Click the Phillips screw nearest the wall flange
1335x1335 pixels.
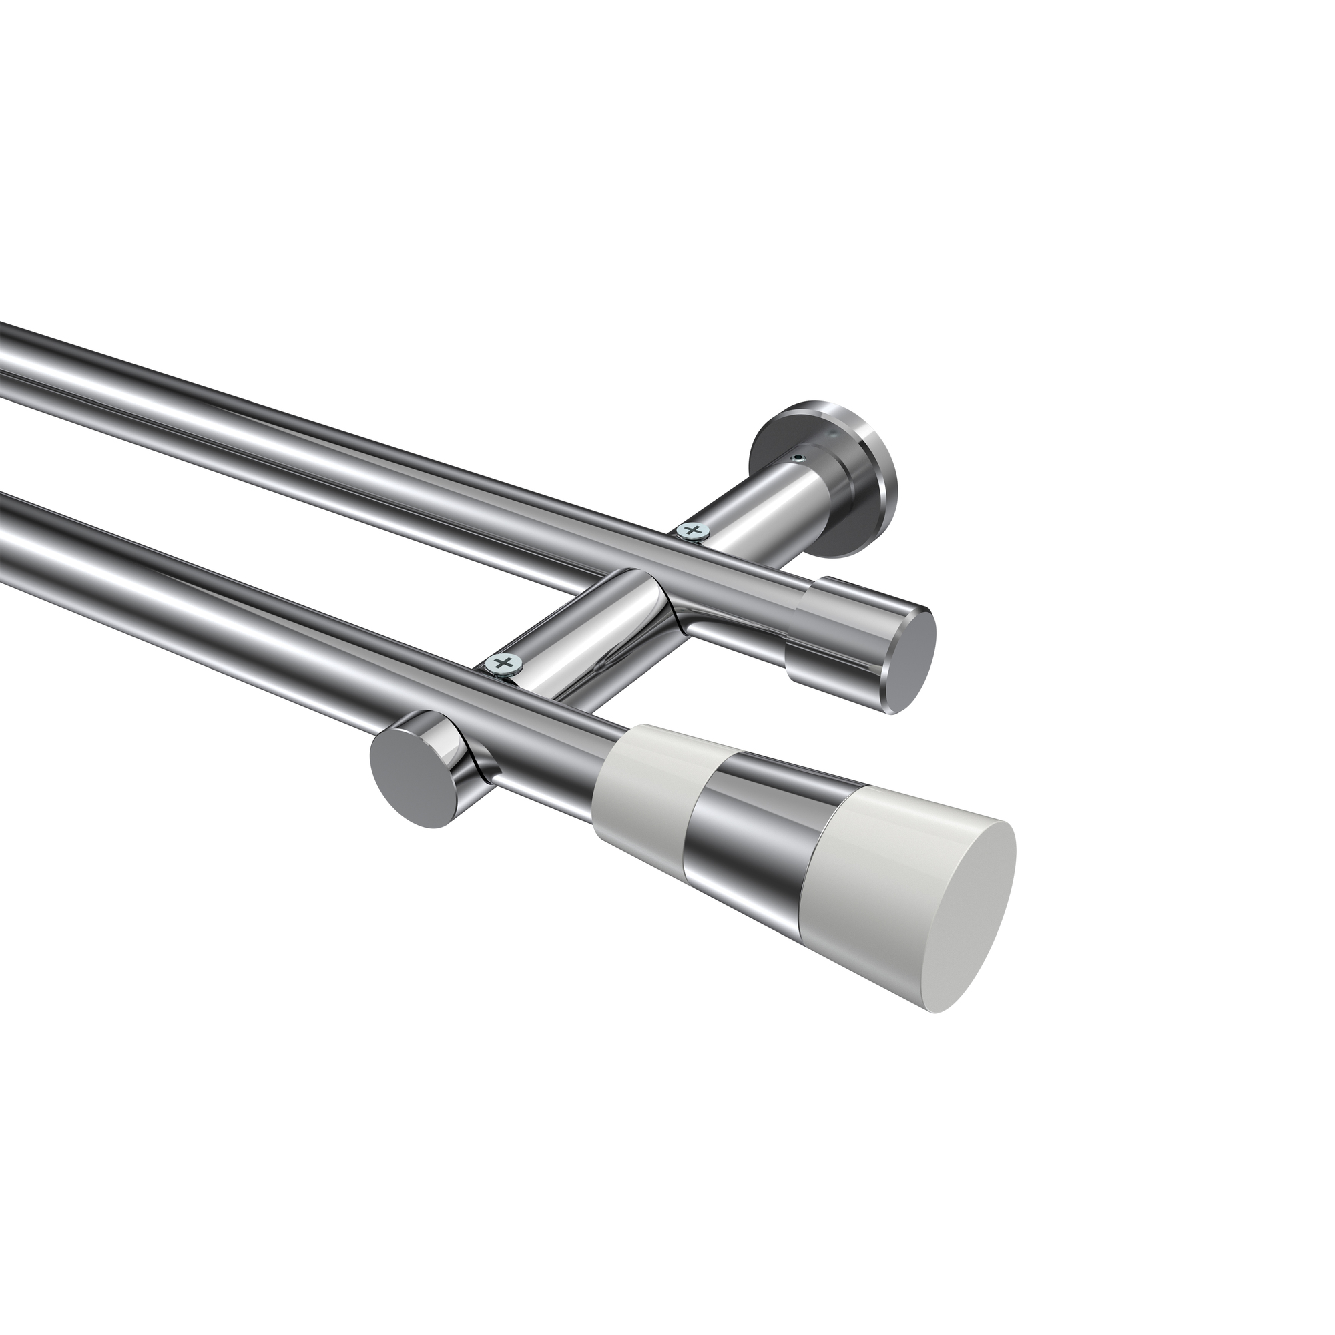coord(693,531)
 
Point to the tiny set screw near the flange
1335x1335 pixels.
coord(799,459)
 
